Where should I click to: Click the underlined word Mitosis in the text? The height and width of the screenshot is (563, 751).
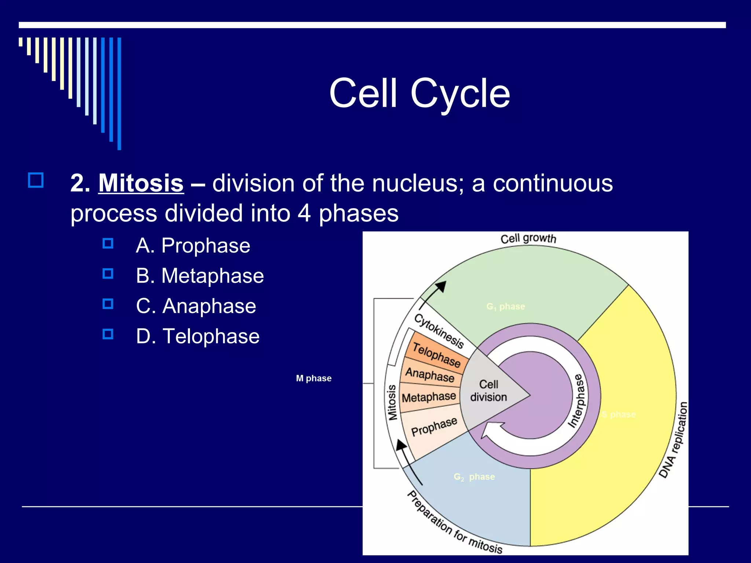[x=141, y=183]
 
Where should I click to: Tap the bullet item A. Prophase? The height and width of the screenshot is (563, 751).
[x=193, y=245]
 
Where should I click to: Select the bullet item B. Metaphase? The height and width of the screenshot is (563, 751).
[x=199, y=276]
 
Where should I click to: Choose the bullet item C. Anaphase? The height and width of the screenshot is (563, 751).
[x=196, y=306]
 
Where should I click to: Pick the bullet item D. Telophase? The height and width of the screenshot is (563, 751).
[x=198, y=336]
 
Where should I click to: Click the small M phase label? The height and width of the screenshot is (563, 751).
[x=314, y=378]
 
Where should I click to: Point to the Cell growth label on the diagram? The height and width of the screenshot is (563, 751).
[x=528, y=239]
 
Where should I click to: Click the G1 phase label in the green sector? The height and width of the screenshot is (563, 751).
[x=506, y=306]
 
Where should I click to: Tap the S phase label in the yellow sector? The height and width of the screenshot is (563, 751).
[x=619, y=415]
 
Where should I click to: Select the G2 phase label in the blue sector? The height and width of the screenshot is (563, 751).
[x=474, y=477]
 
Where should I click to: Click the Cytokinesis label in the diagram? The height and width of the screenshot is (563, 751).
[x=439, y=331]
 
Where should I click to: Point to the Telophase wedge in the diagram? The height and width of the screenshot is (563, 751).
[x=436, y=354]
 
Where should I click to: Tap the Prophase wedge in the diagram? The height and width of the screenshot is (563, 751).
[x=434, y=427]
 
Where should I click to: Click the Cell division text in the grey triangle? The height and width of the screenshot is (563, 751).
[x=488, y=391]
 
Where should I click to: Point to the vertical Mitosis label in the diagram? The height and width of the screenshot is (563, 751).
[x=392, y=402]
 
